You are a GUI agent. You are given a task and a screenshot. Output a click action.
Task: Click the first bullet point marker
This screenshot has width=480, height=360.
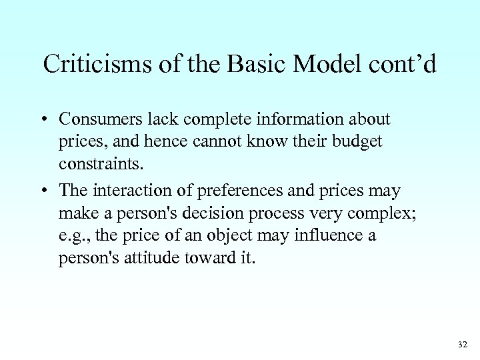pyautogui.click(x=44, y=120)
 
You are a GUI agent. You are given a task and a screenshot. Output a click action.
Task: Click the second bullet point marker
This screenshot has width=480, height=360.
pyautogui.click(x=44, y=191)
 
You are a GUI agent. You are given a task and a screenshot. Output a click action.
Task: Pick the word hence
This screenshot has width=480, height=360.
pyautogui.click(x=158, y=143)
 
